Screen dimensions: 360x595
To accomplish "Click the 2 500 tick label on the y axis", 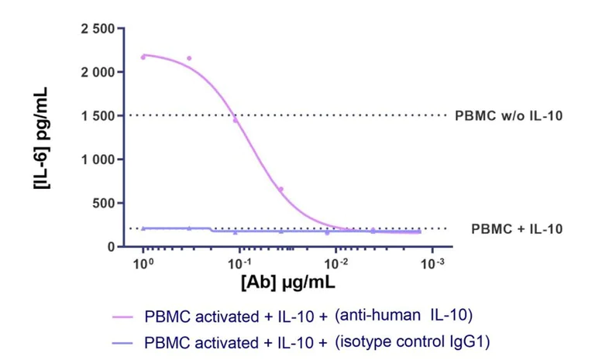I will click(x=98, y=29).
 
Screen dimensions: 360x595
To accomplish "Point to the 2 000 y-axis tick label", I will click(x=98, y=73).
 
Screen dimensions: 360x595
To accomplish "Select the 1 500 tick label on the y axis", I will click(x=98, y=116).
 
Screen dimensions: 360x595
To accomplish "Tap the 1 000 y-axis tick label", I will click(x=98, y=160).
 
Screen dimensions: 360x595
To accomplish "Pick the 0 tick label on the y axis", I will click(x=112, y=247).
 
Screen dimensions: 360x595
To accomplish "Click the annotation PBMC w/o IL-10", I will click(x=508, y=116).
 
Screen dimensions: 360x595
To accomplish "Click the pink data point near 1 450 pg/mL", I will click(x=236, y=120).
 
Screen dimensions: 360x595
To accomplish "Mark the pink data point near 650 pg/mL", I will click(x=281, y=189).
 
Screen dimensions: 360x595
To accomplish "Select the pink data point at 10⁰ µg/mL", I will click(x=143, y=57).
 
